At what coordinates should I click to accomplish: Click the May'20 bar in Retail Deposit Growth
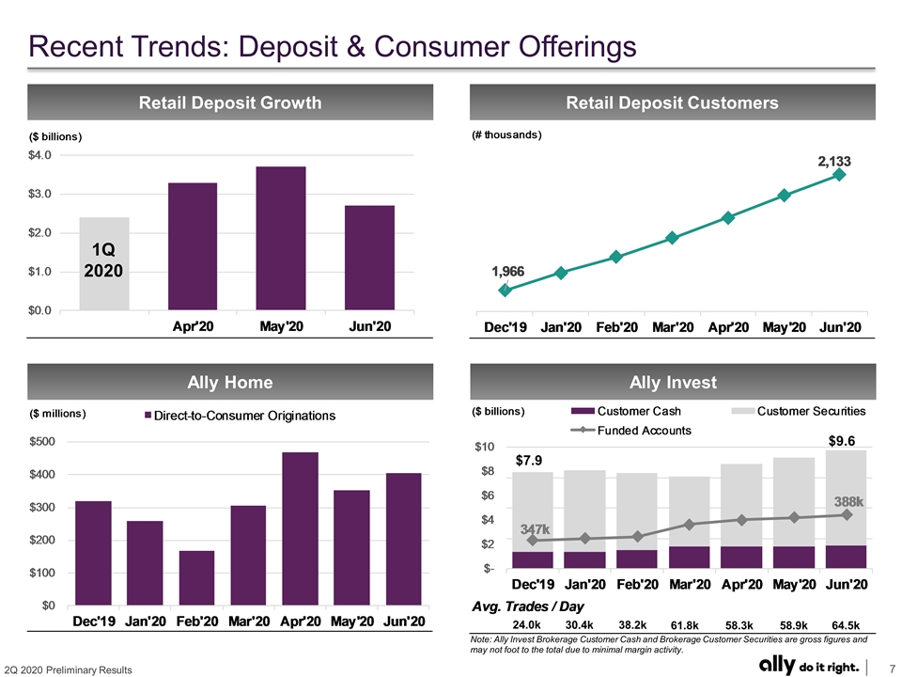tap(281, 238)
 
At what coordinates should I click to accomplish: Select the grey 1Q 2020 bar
tap(104, 263)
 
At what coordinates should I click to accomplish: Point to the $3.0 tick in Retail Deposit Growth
tap(39, 194)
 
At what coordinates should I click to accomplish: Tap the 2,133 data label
tap(834, 161)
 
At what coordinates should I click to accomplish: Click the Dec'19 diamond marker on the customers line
tap(505, 291)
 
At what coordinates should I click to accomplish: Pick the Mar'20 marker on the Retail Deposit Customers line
tap(672, 237)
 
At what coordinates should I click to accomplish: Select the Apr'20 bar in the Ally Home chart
tap(301, 528)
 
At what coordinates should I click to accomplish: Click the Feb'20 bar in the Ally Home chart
tap(196, 578)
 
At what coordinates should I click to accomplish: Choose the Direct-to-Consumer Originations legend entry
tap(240, 416)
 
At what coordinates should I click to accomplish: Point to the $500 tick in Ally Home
tap(42, 442)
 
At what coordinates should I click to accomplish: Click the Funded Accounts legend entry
tap(631, 430)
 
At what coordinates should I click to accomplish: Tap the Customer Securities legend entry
tap(799, 411)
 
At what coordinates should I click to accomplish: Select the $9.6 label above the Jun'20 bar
tap(842, 441)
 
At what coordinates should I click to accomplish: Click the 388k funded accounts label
tap(849, 501)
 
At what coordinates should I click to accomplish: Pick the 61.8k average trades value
tap(685, 625)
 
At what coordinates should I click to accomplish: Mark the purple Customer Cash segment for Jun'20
tap(847, 558)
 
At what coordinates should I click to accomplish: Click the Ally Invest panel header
tap(673, 382)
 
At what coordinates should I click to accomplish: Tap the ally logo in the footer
tap(777, 665)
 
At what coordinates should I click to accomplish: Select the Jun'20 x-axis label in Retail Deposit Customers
tap(840, 327)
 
